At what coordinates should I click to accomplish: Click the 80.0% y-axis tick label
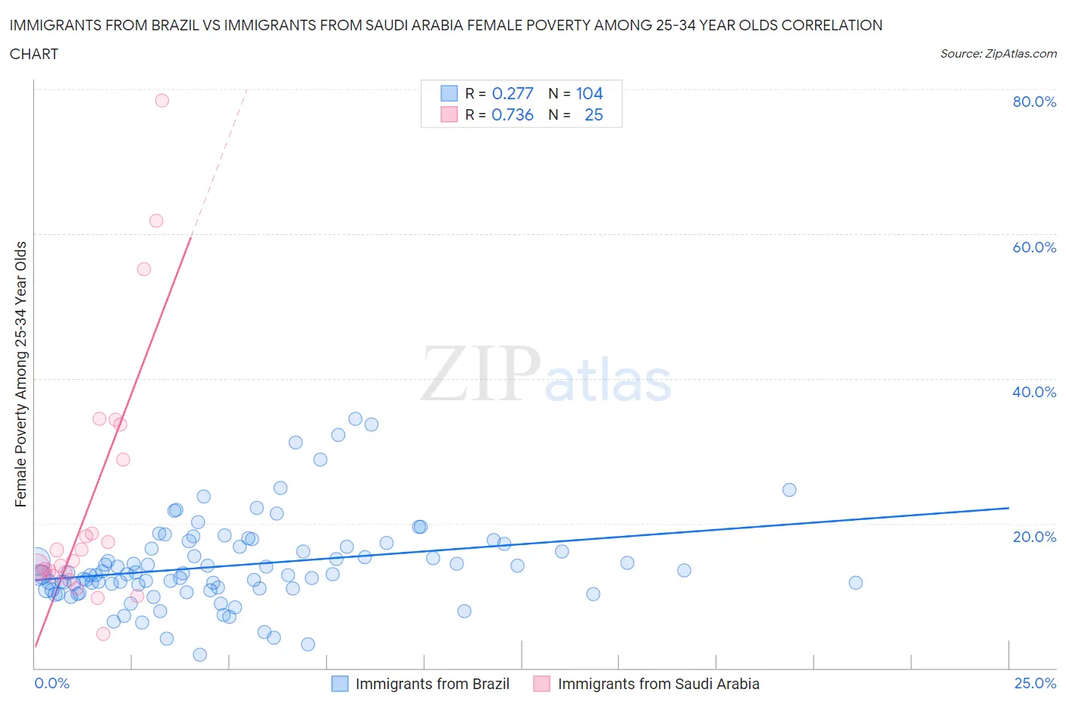(x=1034, y=102)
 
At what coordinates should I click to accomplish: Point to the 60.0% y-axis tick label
(x=1034, y=247)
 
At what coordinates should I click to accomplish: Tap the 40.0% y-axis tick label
(x=1034, y=392)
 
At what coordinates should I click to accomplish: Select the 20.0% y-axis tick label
(x=1034, y=537)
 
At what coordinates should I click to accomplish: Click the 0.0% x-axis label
(x=52, y=684)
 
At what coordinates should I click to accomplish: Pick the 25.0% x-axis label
(x=1035, y=684)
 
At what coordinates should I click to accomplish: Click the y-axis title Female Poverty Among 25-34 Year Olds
(x=21, y=374)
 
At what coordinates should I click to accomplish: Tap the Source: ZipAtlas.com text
(x=998, y=54)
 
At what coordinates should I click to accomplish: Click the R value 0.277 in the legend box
(x=513, y=93)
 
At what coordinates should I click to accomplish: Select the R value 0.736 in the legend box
(x=513, y=114)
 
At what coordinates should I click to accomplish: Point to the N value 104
(x=589, y=93)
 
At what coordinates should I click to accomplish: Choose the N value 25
(x=594, y=114)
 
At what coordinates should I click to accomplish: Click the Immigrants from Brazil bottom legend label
(x=432, y=684)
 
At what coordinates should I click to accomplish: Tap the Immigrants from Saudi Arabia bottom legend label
(x=658, y=684)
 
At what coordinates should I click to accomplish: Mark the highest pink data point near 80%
(x=161, y=100)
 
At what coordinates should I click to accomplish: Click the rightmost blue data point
(x=855, y=582)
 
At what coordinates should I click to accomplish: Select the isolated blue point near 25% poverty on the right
(x=789, y=490)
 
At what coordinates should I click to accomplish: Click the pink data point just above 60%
(x=156, y=221)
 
